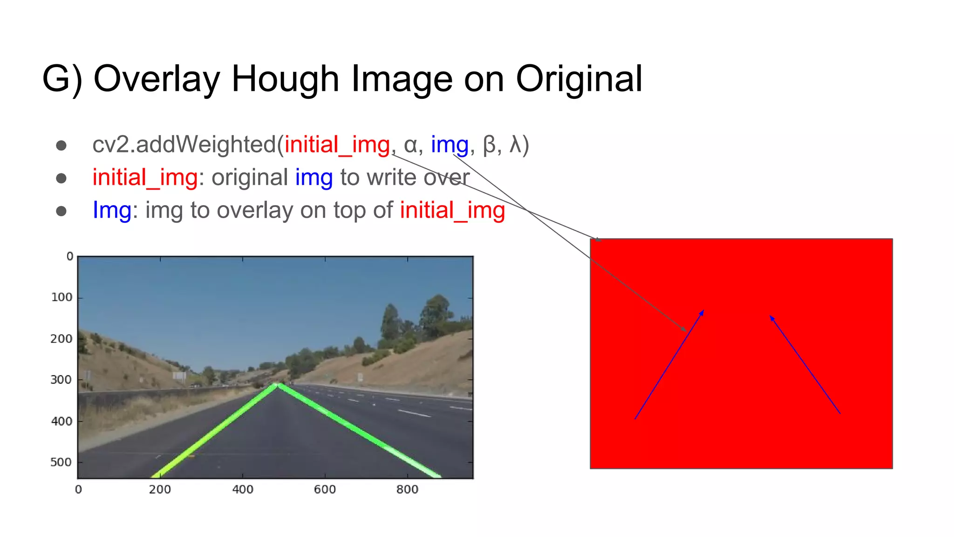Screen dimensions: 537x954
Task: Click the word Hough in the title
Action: [x=285, y=79]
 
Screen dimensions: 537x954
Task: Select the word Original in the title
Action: [x=579, y=79]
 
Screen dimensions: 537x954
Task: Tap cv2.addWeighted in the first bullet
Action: [x=184, y=145]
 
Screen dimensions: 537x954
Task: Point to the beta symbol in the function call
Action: [x=489, y=145]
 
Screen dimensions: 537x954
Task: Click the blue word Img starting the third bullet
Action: [x=112, y=210]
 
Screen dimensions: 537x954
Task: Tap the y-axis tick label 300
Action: [x=61, y=380]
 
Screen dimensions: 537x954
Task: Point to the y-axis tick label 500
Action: [x=61, y=462]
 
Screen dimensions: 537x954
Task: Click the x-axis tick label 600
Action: [x=325, y=489]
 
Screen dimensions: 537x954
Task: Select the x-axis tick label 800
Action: [x=407, y=489]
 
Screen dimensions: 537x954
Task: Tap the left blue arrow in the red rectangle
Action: [x=669, y=365]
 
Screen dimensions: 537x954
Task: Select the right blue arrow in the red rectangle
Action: [x=805, y=365]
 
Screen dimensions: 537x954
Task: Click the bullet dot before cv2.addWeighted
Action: [x=61, y=145]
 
